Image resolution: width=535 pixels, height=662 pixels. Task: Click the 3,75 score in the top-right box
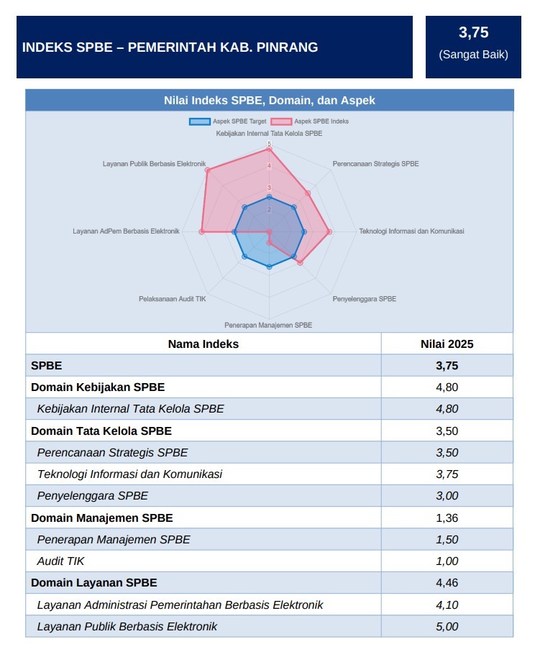click(x=473, y=32)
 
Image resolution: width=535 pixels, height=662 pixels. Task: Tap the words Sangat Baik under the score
click(x=473, y=55)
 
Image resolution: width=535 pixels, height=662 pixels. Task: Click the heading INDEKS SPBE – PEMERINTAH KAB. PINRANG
click(x=170, y=47)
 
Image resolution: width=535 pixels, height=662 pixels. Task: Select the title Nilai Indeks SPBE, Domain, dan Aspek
click(x=270, y=101)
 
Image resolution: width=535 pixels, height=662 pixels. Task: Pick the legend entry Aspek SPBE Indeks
click(x=311, y=121)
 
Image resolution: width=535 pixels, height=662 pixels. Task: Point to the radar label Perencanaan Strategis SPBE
click(x=375, y=164)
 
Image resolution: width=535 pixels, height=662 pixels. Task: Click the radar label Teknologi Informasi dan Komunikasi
click(x=411, y=231)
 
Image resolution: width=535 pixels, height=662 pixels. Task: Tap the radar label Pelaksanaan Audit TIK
click(x=172, y=298)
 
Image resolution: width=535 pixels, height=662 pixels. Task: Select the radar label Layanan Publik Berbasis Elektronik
click(x=155, y=164)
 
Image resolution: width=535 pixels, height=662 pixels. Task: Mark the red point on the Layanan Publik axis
click(x=207, y=170)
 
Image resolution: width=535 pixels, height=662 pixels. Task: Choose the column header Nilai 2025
click(x=447, y=344)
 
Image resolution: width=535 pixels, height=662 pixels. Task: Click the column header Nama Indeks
click(x=203, y=344)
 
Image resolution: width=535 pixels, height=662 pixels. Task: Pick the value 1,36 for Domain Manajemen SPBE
click(x=447, y=518)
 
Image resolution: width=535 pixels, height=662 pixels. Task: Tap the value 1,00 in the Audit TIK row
click(x=447, y=561)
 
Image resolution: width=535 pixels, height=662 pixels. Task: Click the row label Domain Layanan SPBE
click(x=93, y=582)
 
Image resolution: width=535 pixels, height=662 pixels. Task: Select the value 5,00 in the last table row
click(x=447, y=627)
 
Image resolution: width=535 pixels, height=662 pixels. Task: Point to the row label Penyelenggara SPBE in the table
click(x=92, y=496)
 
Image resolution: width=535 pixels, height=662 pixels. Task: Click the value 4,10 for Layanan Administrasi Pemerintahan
click(x=447, y=605)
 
